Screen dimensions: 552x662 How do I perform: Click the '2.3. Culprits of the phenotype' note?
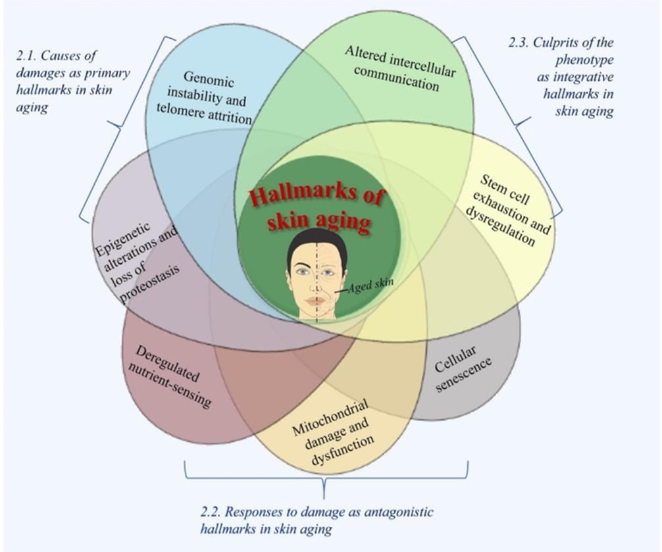coord(565,77)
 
